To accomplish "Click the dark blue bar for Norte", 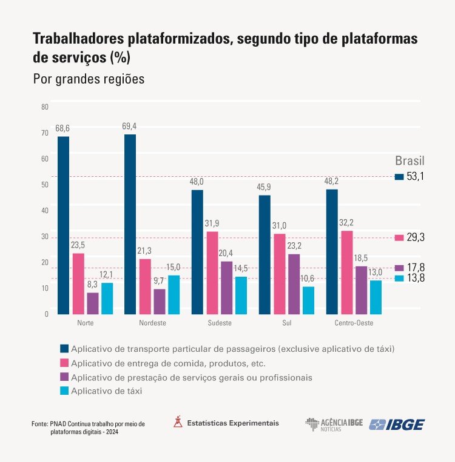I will point(64,225).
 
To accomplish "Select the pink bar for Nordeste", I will point(144,286).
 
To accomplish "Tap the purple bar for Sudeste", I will point(226,288).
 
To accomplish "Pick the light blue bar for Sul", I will point(308,300).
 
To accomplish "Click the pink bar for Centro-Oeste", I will point(346,272).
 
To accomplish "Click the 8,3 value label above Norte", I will point(93,284).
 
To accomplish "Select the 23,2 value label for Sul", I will point(294,246).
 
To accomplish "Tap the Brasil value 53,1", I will point(416,176).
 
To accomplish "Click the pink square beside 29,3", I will point(399,237).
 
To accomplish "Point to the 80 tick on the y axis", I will point(44,107).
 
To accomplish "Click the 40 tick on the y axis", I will point(44,211).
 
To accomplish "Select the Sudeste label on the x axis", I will point(219,323).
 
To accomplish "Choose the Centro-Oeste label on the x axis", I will point(353,323).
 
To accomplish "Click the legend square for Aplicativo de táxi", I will point(64,391).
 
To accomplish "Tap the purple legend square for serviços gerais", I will point(64,377).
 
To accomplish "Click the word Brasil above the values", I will point(409,161).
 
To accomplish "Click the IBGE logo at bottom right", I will point(397,424).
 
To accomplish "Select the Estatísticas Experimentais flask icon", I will point(178,422).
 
